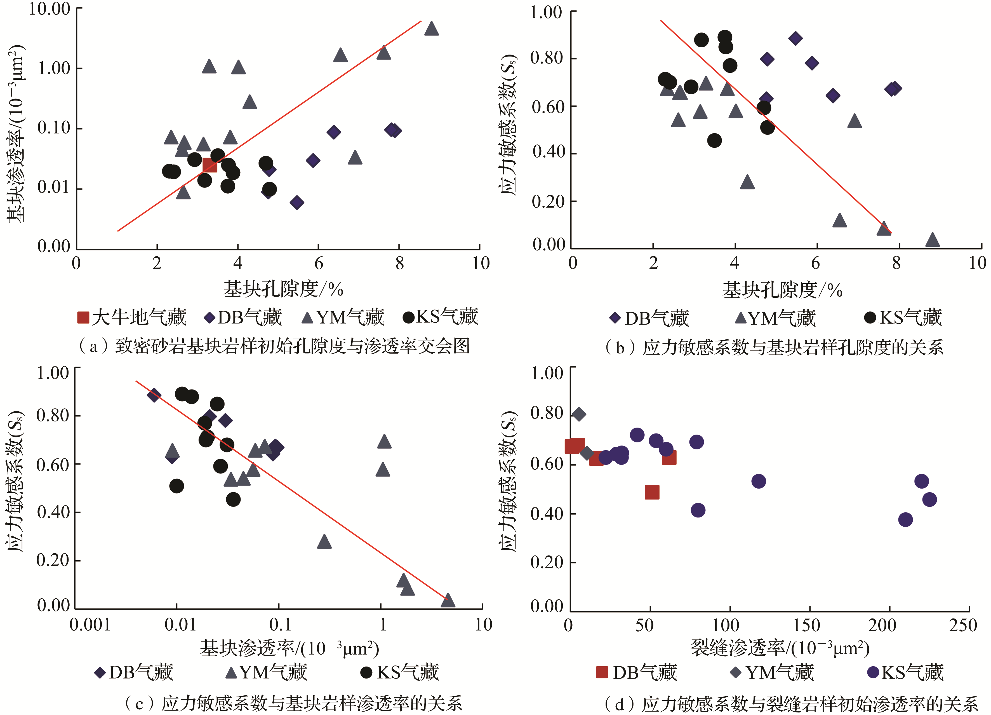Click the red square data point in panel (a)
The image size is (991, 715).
(x=210, y=165)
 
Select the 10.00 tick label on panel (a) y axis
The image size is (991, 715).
(x=50, y=9)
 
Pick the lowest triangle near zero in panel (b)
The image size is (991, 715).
(x=933, y=240)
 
